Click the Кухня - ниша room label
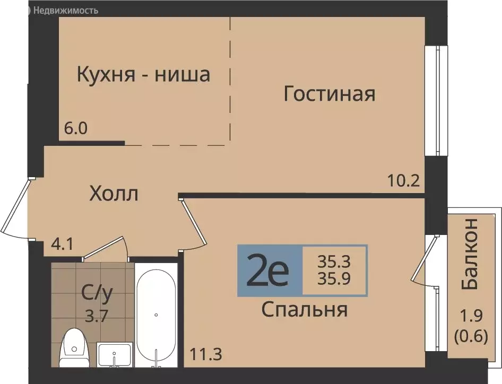[143, 74]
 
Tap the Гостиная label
[329, 94]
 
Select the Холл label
[114, 194]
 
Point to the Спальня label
[304, 309]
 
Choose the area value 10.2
[404, 181]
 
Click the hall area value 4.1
[62, 246]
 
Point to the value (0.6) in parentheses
[470, 336]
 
